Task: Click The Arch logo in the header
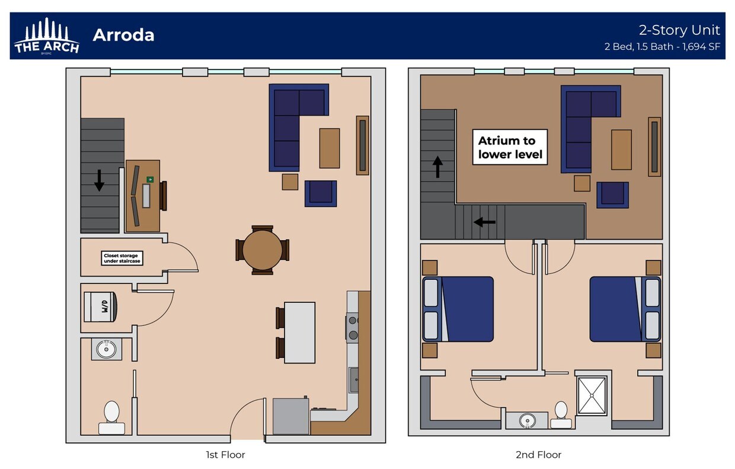click(46, 36)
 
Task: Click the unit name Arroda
click(123, 35)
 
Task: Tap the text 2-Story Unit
click(679, 30)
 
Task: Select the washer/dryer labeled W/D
click(101, 307)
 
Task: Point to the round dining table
click(262, 250)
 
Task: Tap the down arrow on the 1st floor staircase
click(99, 180)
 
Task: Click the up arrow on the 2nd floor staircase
click(437, 167)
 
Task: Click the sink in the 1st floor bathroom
click(107, 349)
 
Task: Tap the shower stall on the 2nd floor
click(592, 395)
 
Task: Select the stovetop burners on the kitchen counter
click(353, 328)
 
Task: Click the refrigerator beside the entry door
click(290, 416)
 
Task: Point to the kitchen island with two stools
click(299, 332)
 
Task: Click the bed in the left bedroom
click(458, 309)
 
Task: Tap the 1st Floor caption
click(225, 455)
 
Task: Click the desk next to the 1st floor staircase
click(143, 196)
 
